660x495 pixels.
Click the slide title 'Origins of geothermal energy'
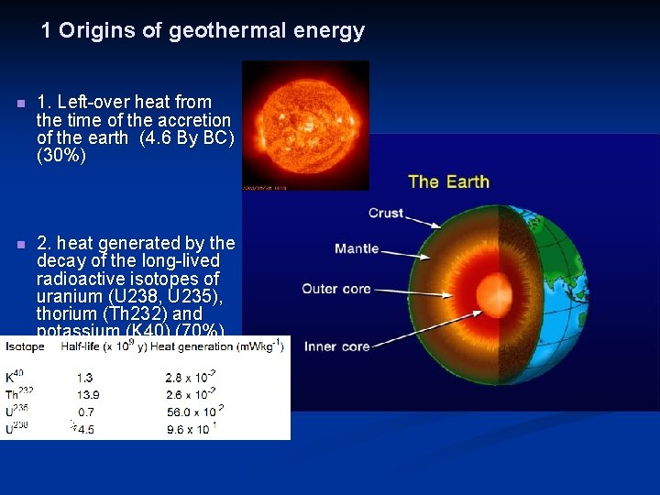(203, 30)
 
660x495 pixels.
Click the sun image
(305, 125)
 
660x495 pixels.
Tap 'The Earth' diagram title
(448, 181)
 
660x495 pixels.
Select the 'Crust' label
(386, 213)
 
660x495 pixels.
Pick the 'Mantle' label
(357, 248)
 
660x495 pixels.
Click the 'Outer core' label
(336, 289)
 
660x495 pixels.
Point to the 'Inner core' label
(336, 346)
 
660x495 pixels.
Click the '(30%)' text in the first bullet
(61, 156)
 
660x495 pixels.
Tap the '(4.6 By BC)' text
(187, 138)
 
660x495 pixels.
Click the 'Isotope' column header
(25, 346)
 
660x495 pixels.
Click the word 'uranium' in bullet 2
(66, 296)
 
